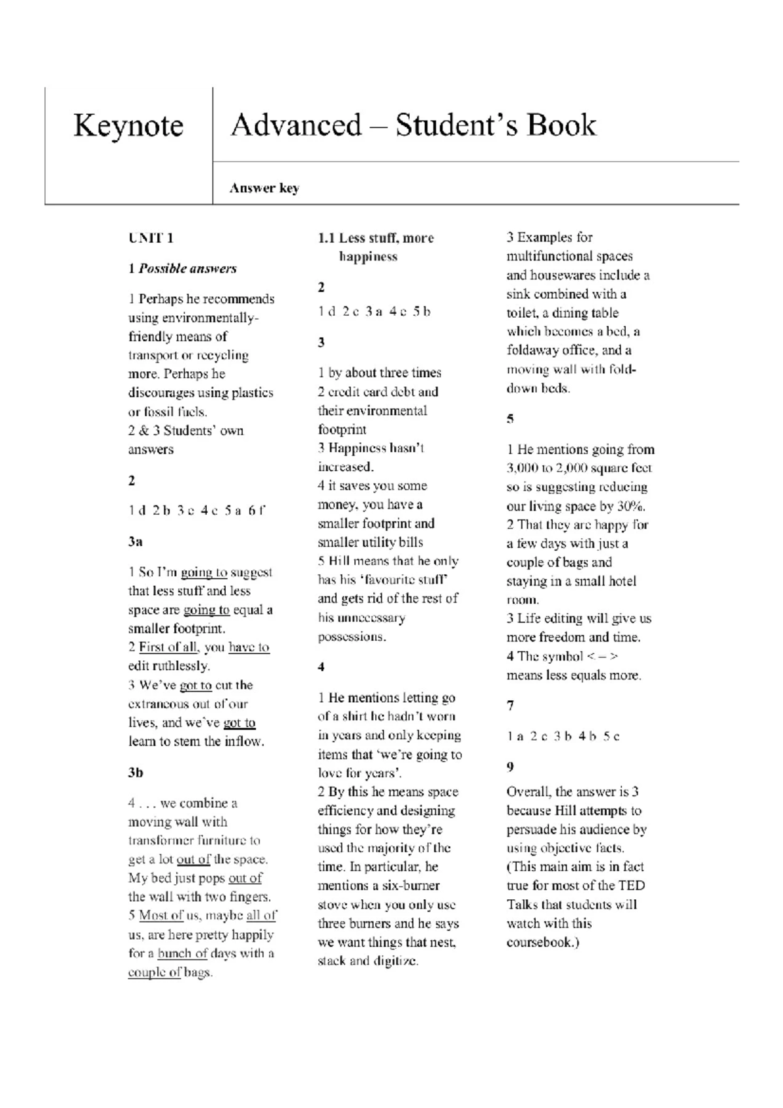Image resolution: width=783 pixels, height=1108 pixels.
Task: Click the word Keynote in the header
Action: coord(128,125)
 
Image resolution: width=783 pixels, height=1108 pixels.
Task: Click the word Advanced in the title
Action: coord(296,125)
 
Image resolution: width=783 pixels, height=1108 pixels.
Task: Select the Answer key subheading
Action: coord(264,189)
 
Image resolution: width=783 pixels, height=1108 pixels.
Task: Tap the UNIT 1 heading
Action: coord(151,238)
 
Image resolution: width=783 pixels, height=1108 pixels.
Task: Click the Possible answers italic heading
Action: coord(187,269)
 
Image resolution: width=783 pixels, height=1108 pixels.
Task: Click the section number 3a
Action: coord(135,542)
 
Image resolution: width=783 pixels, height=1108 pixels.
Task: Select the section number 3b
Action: coord(135,773)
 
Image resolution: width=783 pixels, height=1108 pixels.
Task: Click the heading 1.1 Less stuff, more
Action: coord(376,238)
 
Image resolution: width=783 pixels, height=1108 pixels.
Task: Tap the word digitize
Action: coord(395,961)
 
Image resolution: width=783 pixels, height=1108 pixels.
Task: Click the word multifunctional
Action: coord(550,256)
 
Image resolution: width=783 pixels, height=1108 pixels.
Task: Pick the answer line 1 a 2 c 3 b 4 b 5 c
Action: coord(563,737)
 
